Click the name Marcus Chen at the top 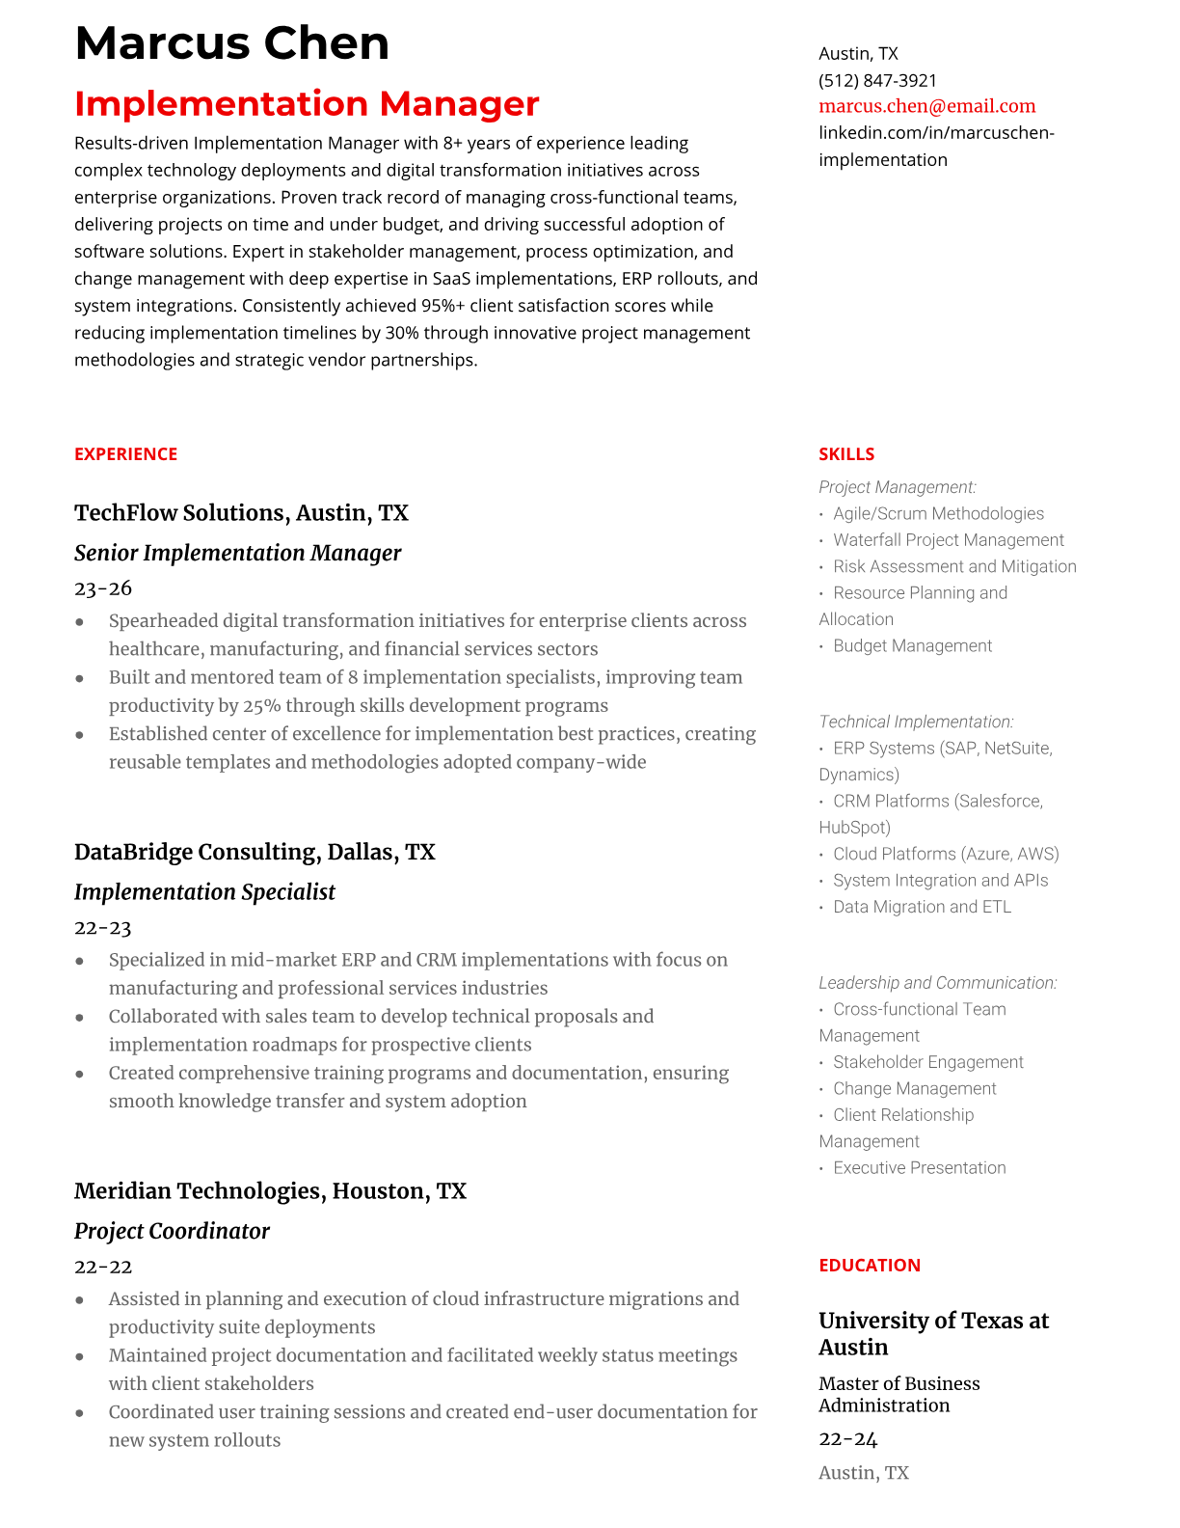point(231,43)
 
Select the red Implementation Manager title point(307,103)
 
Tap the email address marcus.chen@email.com point(926,106)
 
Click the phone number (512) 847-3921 point(877,80)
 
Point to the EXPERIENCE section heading point(125,454)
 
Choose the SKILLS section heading point(845,454)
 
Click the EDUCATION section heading point(869,1266)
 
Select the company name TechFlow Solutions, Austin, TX point(241,512)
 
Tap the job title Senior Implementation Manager point(237,553)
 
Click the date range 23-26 point(102,588)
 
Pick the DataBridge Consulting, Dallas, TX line point(255,852)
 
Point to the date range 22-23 point(102,928)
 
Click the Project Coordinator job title point(172,1231)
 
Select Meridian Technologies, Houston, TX point(270,1191)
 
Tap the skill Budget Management point(912,646)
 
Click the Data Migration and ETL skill point(922,907)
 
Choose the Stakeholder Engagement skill point(927,1062)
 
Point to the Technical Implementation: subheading point(916,722)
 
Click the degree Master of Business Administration point(898,1395)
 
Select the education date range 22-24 point(847,1439)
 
